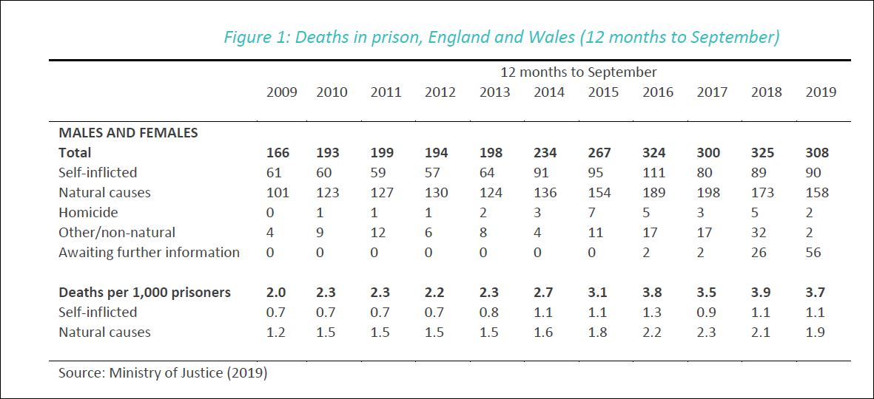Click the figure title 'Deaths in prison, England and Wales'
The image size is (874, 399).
tap(501, 37)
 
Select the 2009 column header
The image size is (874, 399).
tap(281, 92)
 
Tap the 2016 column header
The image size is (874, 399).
tap(658, 92)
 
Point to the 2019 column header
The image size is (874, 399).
tap(821, 92)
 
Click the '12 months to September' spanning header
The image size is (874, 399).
tap(578, 72)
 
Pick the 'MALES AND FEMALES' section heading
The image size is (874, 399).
tap(128, 133)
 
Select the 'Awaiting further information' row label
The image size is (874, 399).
tap(149, 253)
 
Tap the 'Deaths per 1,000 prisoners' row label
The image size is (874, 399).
tap(144, 293)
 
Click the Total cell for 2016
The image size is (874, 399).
tap(653, 153)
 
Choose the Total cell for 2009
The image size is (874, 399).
tap(278, 153)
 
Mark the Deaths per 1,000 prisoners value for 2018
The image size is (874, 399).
tap(761, 293)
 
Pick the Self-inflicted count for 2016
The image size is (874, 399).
tap(653, 173)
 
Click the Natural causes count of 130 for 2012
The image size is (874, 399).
tap(436, 193)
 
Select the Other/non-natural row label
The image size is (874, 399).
tap(117, 233)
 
